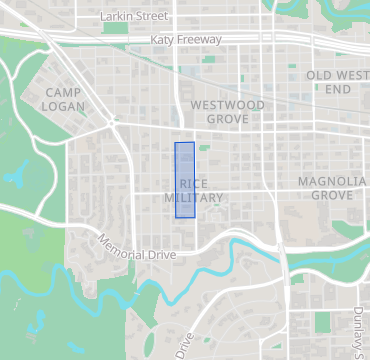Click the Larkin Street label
click(x=137, y=17)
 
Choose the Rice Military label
click(x=193, y=191)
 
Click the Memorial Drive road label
click(x=136, y=248)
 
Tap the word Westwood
click(x=227, y=104)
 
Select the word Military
click(x=193, y=198)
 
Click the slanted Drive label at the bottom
click(x=183, y=346)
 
